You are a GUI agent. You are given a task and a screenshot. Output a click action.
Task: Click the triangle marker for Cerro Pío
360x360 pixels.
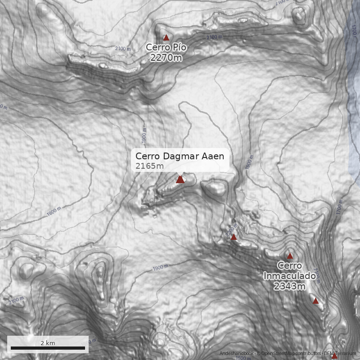coord(166,38)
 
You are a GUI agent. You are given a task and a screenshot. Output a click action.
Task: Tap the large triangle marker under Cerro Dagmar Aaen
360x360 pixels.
coord(180,180)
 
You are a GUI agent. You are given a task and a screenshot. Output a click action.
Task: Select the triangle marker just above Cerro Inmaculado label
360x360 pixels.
coord(290,256)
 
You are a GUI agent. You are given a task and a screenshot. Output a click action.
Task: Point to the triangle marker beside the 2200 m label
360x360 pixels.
coord(234,237)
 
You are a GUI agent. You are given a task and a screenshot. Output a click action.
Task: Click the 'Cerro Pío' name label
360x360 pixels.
coord(166,48)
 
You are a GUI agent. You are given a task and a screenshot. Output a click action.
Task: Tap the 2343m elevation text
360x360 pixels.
coord(289,285)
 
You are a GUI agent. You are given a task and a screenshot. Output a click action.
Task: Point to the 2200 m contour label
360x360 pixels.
coord(231,228)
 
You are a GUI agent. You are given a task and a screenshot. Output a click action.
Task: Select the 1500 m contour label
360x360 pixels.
coord(243,358)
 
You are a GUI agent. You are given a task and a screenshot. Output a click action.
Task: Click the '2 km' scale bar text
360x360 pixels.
coord(48,343)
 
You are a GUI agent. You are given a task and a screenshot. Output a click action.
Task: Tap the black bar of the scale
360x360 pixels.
coord(48,348)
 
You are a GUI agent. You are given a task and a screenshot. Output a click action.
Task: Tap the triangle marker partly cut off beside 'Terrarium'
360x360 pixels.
coord(334,356)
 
